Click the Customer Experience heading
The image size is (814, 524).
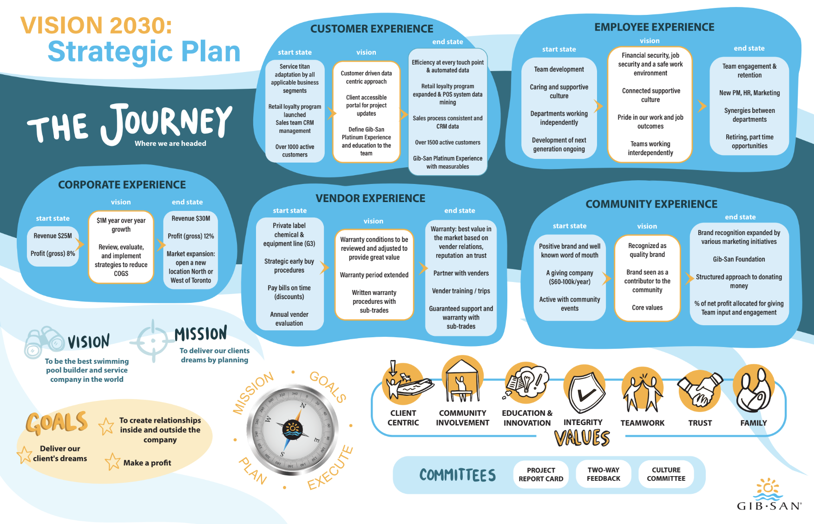[x=372, y=29]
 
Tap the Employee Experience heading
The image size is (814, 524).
[x=654, y=27]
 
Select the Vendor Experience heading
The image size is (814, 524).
[x=370, y=198]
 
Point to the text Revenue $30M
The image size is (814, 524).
[x=191, y=218]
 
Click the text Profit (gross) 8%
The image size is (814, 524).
[x=53, y=254]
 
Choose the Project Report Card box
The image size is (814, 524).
[x=541, y=474]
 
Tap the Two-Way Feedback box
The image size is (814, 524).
[x=604, y=474]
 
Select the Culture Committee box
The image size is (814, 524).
[x=666, y=474]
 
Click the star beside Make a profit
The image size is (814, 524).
[x=112, y=462]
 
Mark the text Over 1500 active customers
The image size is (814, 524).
[x=448, y=143]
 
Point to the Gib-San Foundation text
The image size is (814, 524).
[x=739, y=259]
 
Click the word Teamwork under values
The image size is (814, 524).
[x=643, y=423]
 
